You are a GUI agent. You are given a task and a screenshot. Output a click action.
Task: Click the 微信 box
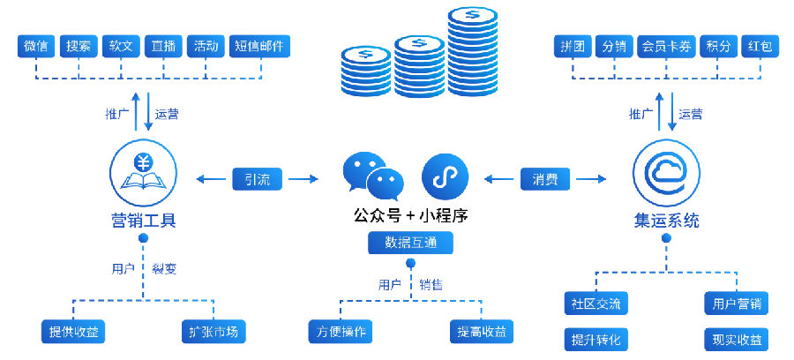coord(35,46)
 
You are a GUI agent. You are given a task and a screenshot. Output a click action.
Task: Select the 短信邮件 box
coord(259,46)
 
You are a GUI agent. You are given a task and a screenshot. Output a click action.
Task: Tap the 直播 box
coord(163,46)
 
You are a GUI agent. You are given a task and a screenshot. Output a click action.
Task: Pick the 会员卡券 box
coord(666,47)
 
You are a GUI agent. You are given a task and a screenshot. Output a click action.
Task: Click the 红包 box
coord(760,47)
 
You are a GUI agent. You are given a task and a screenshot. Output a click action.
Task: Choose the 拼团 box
coord(573,47)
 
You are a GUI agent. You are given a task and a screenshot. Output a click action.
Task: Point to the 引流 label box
coord(258,179)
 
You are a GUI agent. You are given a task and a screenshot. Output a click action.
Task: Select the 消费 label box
coord(545,179)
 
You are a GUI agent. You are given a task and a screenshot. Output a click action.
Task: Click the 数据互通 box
coord(410,243)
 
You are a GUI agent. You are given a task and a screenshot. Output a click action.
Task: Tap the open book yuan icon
coord(143,173)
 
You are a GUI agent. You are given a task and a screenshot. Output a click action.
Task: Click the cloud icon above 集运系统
coord(666,173)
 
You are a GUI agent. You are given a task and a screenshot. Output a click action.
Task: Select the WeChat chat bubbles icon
coord(373,176)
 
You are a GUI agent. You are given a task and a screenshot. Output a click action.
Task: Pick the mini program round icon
coord(446,176)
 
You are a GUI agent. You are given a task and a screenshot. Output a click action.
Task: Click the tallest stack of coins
coord(473,51)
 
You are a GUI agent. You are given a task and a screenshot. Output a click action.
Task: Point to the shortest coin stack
coord(365,71)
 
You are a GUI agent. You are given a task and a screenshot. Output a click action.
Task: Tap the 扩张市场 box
coord(213,332)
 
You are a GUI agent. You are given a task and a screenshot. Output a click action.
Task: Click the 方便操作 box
coord(341,332)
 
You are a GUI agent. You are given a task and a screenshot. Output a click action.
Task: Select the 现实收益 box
coord(737,339)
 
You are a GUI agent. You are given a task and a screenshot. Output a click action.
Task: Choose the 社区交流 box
coord(596,304)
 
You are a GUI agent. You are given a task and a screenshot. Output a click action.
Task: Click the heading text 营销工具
coord(143,221)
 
